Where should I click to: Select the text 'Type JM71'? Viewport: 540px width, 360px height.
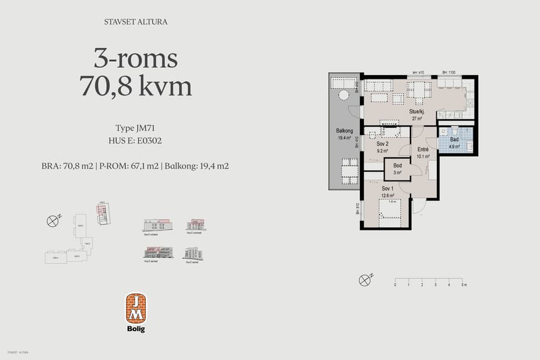[x=136, y=128]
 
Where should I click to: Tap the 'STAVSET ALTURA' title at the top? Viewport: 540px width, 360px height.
[x=136, y=22]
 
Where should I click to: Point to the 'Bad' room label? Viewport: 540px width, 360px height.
[x=454, y=140]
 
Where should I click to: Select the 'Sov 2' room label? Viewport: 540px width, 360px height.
[x=383, y=145]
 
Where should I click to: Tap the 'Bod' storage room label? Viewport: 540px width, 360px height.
[x=397, y=167]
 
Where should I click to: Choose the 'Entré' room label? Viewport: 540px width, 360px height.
[x=423, y=151]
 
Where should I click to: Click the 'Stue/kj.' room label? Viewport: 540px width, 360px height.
[x=416, y=112]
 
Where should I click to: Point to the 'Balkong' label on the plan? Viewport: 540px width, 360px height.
[x=344, y=131]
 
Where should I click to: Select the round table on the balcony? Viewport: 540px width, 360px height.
[x=344, y=95]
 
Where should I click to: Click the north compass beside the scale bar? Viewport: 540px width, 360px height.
[x=364, y=280]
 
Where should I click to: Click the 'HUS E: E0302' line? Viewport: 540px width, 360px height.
[x=136, y=141]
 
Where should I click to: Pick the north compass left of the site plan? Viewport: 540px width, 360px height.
[x=52, y=221]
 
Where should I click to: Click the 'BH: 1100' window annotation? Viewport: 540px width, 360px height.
[x=449, y=73]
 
